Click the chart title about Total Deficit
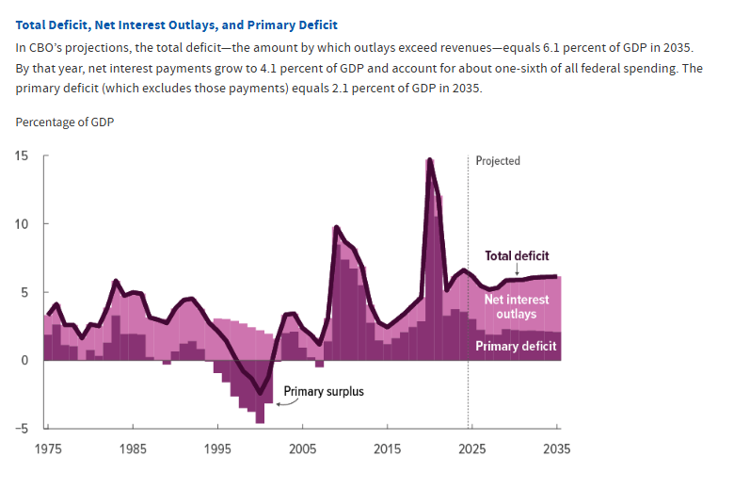click(176, 24)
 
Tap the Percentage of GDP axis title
click(65, 122)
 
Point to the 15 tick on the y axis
click(22, 155)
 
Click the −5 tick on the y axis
click(22, 429)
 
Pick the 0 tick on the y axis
click(24, 361)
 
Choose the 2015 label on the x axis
click(388, 449)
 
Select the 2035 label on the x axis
click(555, 449)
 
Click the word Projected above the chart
click(498, 161)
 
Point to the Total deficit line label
click(517, 255)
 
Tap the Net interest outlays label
click(517, 306)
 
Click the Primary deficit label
click(516, 346)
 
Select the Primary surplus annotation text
click(323, 390)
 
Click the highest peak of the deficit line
click(429, 160)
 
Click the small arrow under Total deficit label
click(517, 269)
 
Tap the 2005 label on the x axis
click(302, 449)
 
